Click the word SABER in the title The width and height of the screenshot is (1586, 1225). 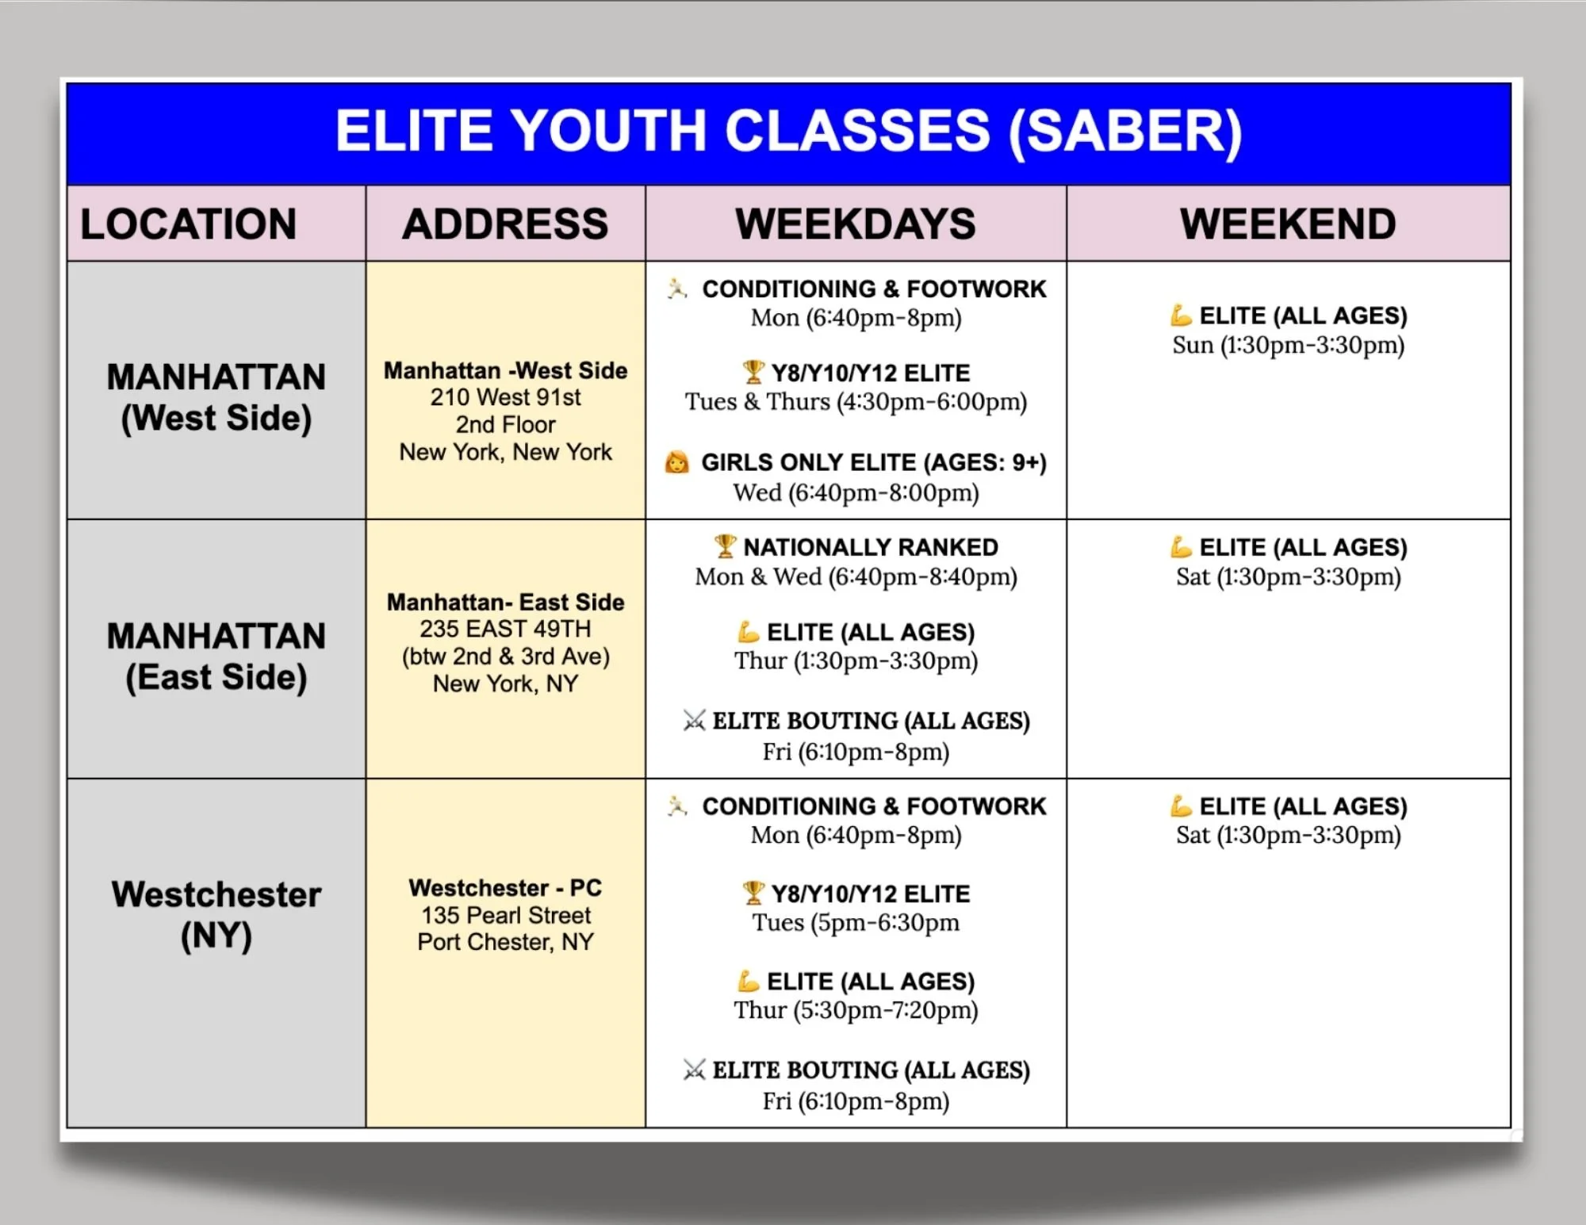1126,132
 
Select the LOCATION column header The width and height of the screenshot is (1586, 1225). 189,224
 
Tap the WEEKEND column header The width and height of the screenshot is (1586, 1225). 1288,224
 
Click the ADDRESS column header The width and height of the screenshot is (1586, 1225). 505,224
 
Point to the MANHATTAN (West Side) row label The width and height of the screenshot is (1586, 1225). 216,397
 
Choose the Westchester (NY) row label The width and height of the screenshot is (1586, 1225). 216,914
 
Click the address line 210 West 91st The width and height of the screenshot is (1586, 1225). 505,397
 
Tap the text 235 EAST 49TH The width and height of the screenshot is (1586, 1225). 505,630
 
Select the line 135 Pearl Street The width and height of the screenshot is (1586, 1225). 505,915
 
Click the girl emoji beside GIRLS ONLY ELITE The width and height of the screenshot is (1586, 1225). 676,462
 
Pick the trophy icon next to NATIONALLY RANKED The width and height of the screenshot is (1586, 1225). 725,546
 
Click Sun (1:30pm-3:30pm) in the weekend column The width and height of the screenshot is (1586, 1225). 1288,346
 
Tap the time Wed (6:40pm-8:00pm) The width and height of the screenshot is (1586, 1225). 856,493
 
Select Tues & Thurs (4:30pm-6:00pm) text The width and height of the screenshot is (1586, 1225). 856,402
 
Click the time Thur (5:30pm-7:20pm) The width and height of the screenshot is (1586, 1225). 856,1010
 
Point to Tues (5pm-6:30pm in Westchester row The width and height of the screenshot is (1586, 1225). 856,923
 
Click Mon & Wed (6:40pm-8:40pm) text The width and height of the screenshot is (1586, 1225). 856,577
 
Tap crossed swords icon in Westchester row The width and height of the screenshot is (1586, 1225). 694,1070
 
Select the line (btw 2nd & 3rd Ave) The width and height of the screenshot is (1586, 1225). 505,657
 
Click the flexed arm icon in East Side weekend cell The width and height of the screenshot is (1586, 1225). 1181,547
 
